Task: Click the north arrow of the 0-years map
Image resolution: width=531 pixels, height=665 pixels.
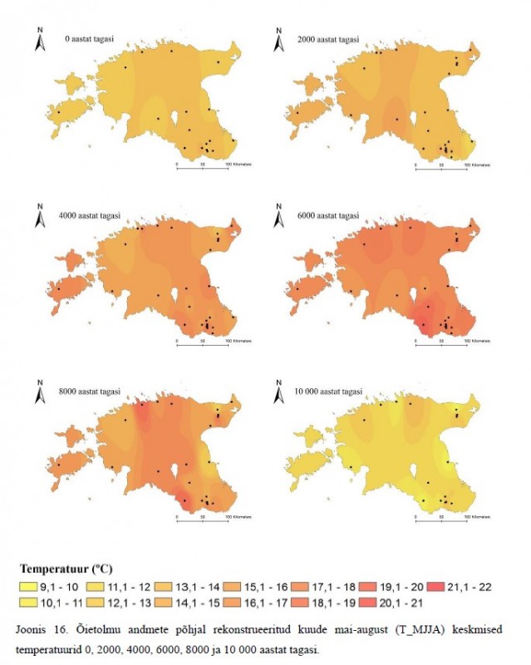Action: coord(39,40)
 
